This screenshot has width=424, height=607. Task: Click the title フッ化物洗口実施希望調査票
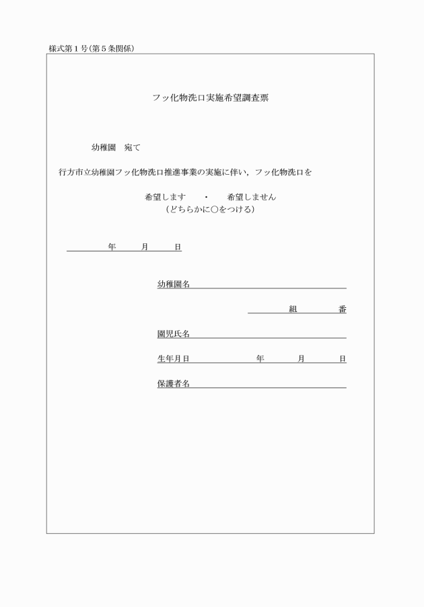[211, 97]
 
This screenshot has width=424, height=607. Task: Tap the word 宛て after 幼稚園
[132, 147]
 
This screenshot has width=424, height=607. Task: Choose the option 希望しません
[252, 198]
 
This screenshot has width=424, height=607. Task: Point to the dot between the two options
[207, 198]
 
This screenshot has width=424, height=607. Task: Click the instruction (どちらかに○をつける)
[210, 209]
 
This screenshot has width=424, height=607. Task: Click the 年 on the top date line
[112, 247]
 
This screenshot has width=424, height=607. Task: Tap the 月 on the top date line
[145, 247]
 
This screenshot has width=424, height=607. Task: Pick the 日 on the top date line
[178, 247]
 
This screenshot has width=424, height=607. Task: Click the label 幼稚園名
[173, 284]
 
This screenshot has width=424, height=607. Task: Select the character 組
[293, 309]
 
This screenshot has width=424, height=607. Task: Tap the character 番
[342, 309]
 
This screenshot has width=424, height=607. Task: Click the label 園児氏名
[173, 334]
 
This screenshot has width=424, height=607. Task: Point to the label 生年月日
[173, 359]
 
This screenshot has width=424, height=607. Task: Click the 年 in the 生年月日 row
[260, 359]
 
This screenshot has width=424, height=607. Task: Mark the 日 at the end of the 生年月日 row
[343, 359]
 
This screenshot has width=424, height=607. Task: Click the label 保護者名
[173, 384]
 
